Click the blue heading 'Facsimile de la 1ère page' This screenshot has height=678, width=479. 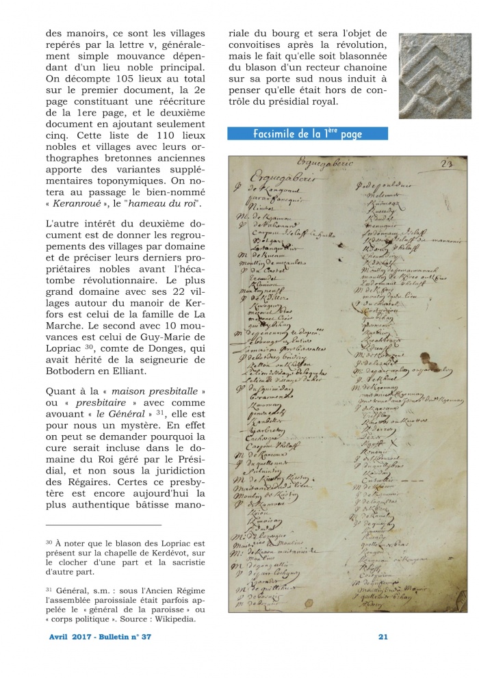(307, 134)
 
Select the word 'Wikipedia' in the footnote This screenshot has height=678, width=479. (168, 619)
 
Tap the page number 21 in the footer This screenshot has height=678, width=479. (383, 637)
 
